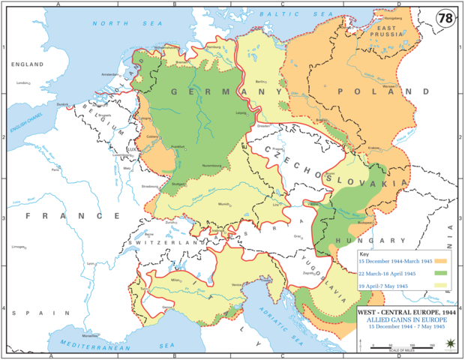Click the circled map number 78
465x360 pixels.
pyautogui.click(x=445, y=17)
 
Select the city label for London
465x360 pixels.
pyautogui.click(x=22, y=82)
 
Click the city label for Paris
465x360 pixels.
pyautogui.click(x=55, y=169)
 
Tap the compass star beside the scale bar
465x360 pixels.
pyautogui.click(x=449, y=344)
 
